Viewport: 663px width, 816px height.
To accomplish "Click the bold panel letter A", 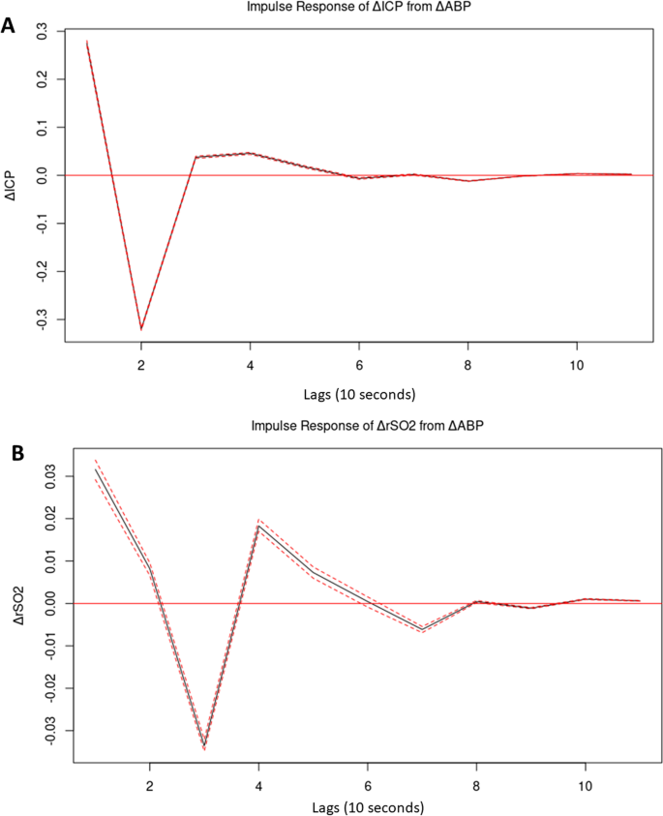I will pos(10,24).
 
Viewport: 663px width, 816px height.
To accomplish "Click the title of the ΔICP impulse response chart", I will pos(358,8).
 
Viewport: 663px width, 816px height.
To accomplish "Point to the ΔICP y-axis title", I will pos(13,175).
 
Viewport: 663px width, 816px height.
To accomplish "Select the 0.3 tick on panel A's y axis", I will pos(42,32).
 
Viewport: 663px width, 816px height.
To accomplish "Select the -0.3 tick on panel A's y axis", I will pos(42,319).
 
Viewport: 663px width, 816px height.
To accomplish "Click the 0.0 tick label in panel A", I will pos(42,175).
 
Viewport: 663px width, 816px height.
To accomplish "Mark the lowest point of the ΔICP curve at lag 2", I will pos(141,329).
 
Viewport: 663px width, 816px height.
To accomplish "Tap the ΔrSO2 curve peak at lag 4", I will pos(258,527).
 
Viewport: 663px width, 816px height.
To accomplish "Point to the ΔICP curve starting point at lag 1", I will pos(87,42).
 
